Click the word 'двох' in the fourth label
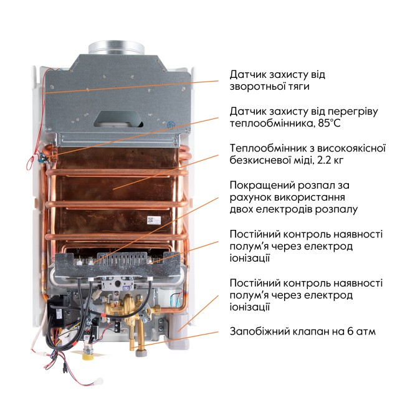pyautogui.click(x=242, y=209)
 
